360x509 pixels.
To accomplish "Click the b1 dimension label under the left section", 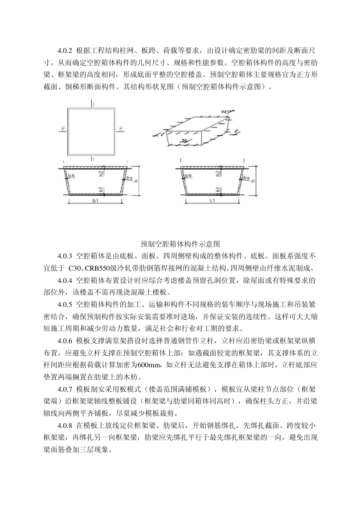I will click(x=95, y=201).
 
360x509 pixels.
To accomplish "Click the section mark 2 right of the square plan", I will click(x=121, y=129).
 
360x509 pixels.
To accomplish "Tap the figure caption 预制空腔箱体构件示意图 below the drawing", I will click(x=180, y=244).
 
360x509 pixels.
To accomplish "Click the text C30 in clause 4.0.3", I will click(x=75, y=269).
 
